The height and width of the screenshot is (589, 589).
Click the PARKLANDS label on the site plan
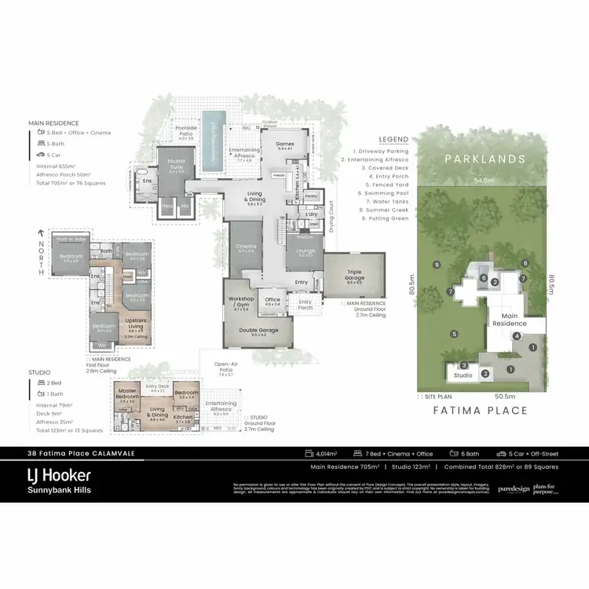click(x=484, y=159)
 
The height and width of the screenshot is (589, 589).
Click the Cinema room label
click(x=245, y=248)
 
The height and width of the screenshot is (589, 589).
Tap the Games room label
click(x=284, y=145)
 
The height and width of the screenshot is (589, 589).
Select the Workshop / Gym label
click(x=239, y=301)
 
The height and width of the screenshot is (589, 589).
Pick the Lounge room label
click(x=305, y=252)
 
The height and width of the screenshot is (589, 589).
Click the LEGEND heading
click(x=393, y=139)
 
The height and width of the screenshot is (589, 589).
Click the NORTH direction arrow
click(x=38, y=233)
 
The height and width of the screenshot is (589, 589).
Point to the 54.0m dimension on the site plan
click(x=484, y=181)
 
